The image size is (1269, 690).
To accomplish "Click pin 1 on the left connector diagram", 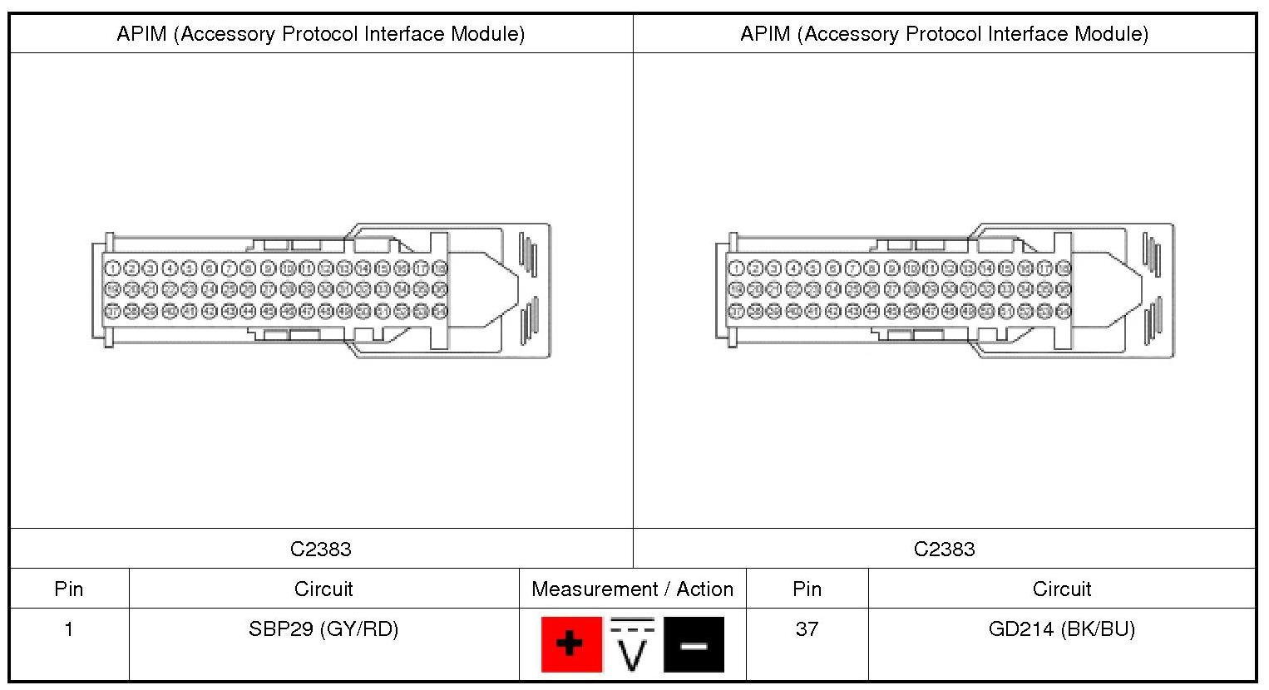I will pyautogui.click(x=111, y=269).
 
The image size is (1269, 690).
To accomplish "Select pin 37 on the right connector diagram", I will pyautogui.click(x=735, y=311).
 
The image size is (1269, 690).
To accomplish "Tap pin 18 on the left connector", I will pyautogui.click(x=440, y=269).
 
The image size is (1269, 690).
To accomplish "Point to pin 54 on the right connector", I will pyautogui.click(x=1064, y=311).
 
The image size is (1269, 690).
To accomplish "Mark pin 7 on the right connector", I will pyautogui.click(x=852, y=269).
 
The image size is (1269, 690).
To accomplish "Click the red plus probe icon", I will pyautogui.click(x=571, y=643).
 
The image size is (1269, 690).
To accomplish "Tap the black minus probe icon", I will pyautogui.click(x=694, y=643).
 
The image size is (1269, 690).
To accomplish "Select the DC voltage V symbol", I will pyautogui.click(x=632, y=643).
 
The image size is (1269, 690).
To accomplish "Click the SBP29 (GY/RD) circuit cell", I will pyautogui.click(x=323, y=629).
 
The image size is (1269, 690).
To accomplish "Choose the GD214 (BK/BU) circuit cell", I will pyautogui.click(x=1061, y=629).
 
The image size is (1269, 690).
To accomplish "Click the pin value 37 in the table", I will pyautogui.click(x=807, y=629).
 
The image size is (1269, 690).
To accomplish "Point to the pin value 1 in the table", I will pyautogui.click(x=69, y=629).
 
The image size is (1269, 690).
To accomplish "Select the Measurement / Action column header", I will pyautogui.click(x=632, y=589).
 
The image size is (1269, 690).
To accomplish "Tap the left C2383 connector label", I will pyautogui.click(x=321, y=550).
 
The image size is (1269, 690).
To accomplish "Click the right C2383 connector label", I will pyautogui.click(x=944, y=550).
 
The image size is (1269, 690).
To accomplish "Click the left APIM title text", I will pyautogui.click(x=321, y=34).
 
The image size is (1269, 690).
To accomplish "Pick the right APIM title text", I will pyautogui.click(x=944, y=34).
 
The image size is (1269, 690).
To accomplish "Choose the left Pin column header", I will pyautogui.click(x=69, y=589).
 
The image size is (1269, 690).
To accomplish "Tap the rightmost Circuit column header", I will pyautogui.click(x=1061, y=589).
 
